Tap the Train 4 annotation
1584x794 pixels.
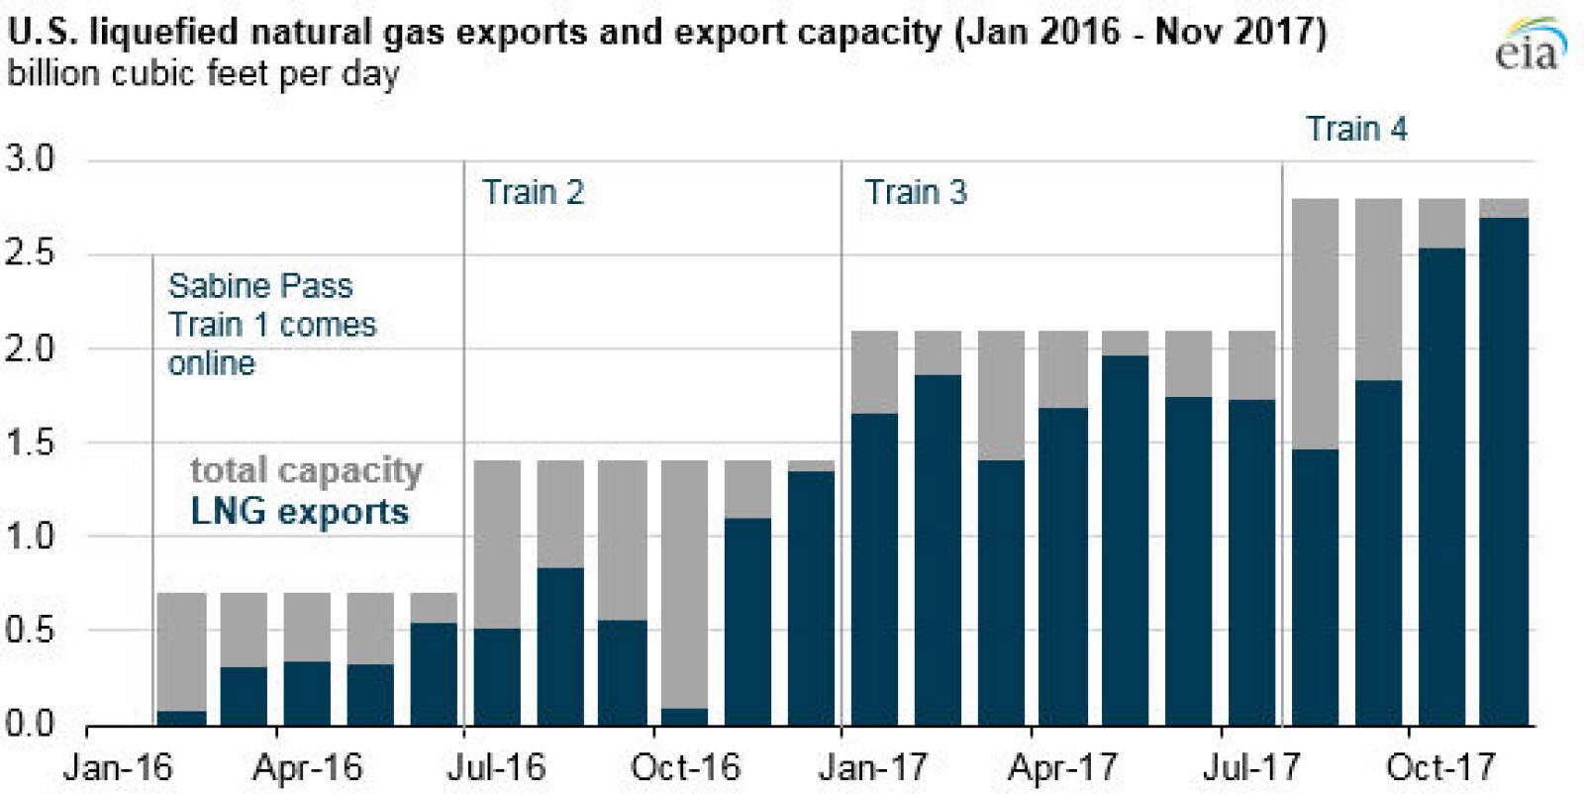(1355, 129)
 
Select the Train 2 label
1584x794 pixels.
(533, 192)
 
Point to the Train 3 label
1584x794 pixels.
(915, 192)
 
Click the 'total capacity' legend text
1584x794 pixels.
(306, 470)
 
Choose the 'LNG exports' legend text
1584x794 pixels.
(299, 512)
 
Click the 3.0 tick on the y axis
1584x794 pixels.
(30, 158)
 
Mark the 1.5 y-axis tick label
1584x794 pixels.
(30, 443)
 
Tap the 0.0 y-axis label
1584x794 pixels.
(30, 724)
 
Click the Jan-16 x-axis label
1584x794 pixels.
(117, 767)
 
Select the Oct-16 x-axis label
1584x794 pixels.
(685, 767)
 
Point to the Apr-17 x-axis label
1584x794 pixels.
(1062, 767)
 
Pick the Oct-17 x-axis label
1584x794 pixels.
(1439, 767)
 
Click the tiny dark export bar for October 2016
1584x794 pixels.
(684, 717)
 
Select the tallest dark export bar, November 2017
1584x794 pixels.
(1504, 470)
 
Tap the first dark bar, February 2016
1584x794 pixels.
(182, 718)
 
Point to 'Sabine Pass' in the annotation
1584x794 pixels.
(259, 286)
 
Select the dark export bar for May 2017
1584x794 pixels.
(1125, 540)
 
